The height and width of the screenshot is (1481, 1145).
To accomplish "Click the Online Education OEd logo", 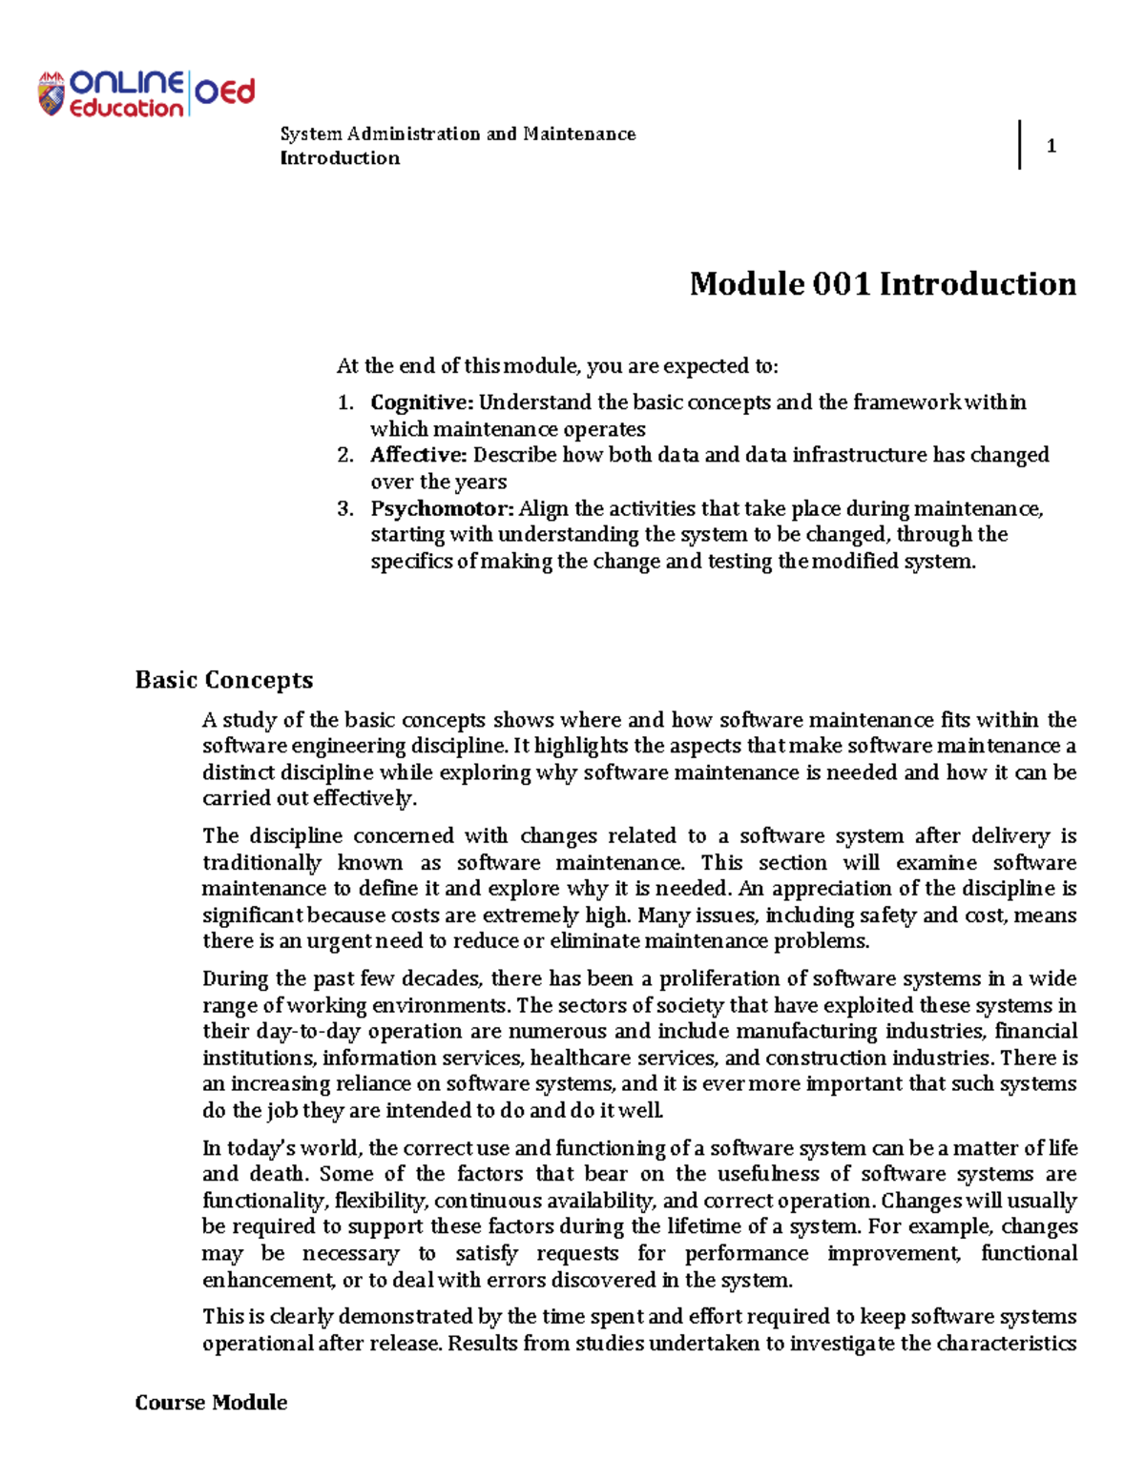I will pos(146,93).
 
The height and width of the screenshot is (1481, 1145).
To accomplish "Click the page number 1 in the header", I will pos(1051,146).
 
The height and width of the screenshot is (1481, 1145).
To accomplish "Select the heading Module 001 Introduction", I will pos(883,283).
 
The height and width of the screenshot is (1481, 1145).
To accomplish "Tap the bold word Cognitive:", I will pos(422,402).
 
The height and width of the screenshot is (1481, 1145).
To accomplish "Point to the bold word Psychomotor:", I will pos(442,508).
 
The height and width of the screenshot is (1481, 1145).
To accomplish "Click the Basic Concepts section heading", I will pos(224,680).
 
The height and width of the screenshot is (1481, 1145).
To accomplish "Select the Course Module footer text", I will pos(211,1402).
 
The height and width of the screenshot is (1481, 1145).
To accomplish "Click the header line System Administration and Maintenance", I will pos(458,134).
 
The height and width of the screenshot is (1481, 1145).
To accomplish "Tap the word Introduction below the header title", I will pos(340,158).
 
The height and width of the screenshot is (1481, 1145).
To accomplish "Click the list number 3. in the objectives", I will pos(345,508).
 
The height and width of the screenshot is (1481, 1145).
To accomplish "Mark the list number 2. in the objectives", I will pos(345,455).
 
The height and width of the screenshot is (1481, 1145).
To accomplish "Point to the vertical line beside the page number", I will pos(1020,145).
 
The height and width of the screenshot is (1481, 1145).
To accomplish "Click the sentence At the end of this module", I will pos(557,366).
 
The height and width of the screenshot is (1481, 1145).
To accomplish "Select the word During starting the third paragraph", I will pos(236,978).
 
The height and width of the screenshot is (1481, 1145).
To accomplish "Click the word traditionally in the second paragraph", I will pos(261,863).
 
